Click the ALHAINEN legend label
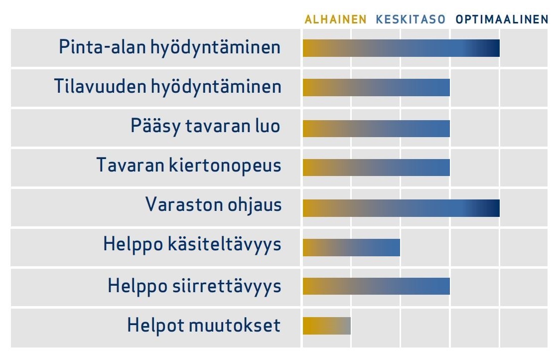[335, 19]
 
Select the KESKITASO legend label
[411, 19]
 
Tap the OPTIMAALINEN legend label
[502, 19]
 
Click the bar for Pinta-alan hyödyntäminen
[401, 48]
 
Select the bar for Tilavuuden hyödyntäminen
[376, 88]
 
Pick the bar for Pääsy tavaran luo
[376, 129]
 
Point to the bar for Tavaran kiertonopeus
[376, 168]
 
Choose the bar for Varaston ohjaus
[401, 208]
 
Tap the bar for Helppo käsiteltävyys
[351, 247]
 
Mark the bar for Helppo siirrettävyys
[376, 286]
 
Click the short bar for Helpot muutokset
[327, 326]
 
